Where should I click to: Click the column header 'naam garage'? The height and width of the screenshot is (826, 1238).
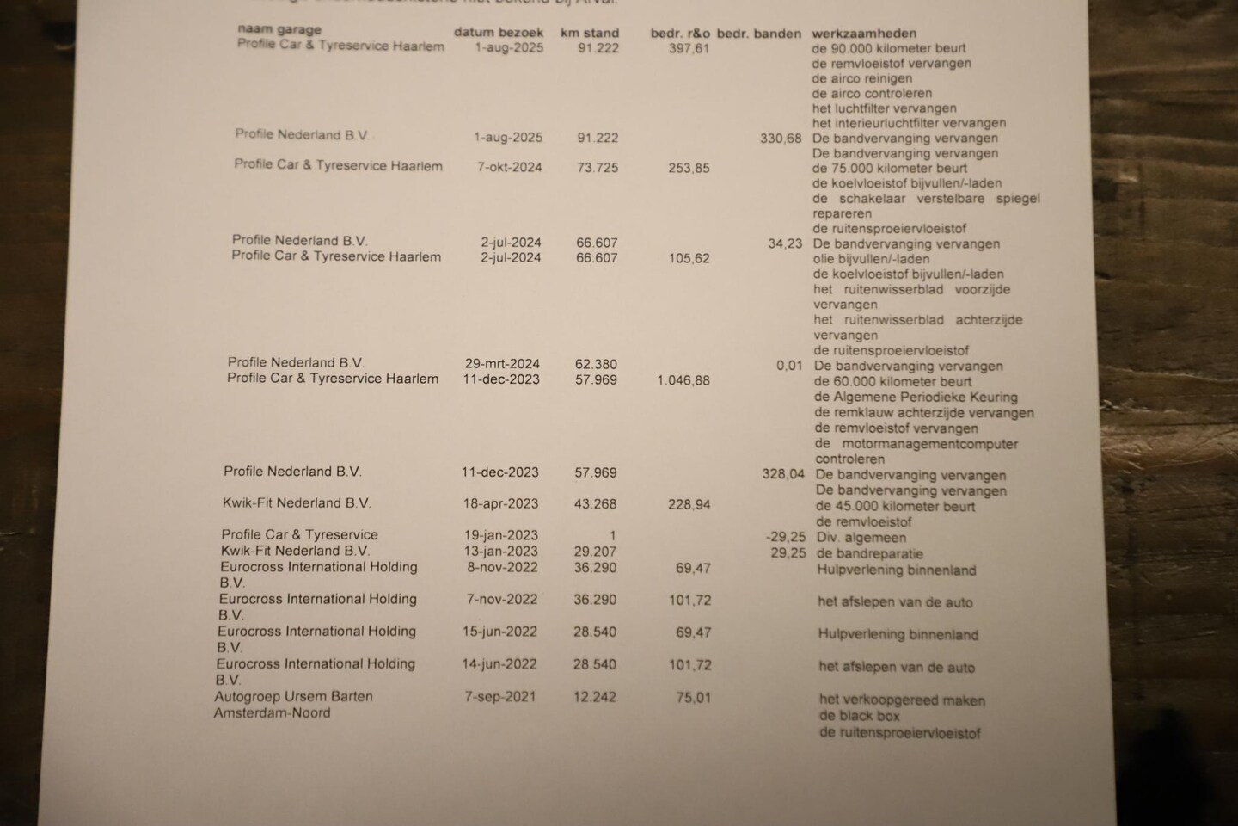[x=279, y=30]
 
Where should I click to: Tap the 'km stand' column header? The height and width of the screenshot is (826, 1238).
[x=589, y=34]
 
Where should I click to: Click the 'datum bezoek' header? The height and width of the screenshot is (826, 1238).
[x=499, y=33]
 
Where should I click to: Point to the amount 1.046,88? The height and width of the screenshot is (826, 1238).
[x=683, y=380]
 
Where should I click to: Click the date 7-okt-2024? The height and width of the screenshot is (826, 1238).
[x=510, y=167]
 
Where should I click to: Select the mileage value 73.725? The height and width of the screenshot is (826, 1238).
[x=598, y=168]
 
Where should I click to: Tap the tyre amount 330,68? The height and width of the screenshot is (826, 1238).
[x=781, y=139]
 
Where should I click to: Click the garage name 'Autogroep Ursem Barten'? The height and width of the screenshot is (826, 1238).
[x=293, y=696]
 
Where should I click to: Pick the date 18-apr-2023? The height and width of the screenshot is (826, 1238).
[x=501, y=504]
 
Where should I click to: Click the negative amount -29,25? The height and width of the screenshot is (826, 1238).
[x=786, y=537]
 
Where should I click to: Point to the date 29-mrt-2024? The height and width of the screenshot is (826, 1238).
[x=502, y=363]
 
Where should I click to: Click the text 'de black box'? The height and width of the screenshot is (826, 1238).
[x=859, y=716]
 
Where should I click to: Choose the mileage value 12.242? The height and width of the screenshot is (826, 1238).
[x=595, y=697]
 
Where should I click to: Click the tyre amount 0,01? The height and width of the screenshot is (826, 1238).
[x=789, y=366]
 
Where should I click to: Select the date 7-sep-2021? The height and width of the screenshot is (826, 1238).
[x=499, y=696]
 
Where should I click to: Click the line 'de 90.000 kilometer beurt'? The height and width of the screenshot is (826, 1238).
[x=889, y=49]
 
